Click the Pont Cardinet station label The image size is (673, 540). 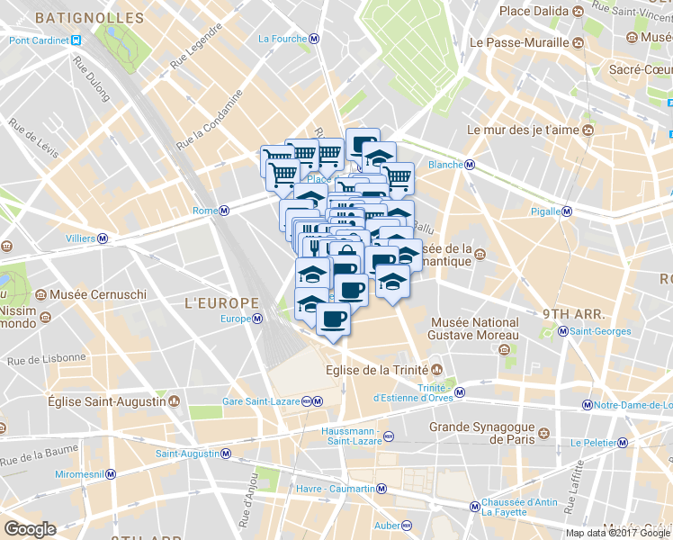coord(40,40)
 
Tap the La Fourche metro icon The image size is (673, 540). coord(312,40)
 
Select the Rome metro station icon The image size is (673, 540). coord(224,211)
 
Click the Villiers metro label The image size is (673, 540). coord(81,238)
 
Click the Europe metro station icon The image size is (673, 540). coord(257,319)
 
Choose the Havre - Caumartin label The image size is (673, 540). coord(335,489)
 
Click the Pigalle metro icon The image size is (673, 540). coord(567,211)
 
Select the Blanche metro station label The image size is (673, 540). coord(445,165)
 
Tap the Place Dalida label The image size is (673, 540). coord(536,11)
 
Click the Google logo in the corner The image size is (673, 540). coord(30,529)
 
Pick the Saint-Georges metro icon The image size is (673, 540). coord(563,331)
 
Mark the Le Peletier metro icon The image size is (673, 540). coord(622,442)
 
